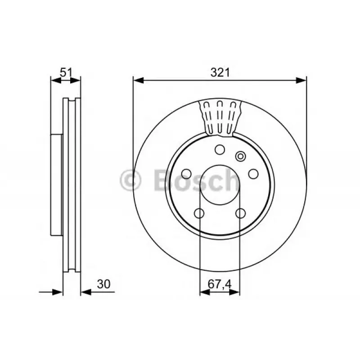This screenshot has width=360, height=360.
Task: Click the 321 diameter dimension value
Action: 220,73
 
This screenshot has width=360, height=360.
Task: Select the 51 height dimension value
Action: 66,72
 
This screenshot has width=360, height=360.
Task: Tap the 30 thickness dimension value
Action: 103,284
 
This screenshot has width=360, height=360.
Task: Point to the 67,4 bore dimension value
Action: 220,284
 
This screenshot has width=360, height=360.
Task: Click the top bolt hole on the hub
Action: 220,150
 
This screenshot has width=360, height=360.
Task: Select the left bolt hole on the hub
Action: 186,174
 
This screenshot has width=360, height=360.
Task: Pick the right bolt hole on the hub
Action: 253,174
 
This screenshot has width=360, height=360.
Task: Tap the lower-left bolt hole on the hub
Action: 199,213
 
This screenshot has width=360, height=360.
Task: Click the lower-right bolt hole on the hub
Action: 240,213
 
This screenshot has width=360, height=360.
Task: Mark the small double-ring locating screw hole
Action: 240,157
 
